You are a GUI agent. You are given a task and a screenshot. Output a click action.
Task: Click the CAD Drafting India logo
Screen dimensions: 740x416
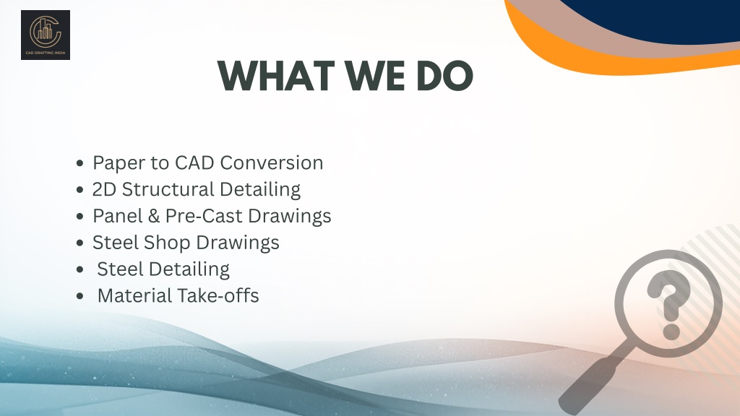(x=46, y=35)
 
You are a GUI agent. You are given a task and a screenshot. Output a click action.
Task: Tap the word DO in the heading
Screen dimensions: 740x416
(x=444, y=75)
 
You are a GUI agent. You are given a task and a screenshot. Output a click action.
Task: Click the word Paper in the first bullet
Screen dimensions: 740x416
(x=119, y=163)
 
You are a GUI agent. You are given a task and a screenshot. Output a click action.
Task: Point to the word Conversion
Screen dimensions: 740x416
(x=272, y=162)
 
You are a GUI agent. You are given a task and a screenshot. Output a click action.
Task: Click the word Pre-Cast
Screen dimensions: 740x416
(x=203, y=216)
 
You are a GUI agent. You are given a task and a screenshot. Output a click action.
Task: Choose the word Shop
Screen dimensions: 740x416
(x=167, y=243)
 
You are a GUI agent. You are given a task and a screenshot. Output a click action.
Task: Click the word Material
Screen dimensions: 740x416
(x=134, y=295)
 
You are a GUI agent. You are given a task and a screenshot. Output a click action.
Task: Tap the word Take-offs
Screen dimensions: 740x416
(x=218, y=295)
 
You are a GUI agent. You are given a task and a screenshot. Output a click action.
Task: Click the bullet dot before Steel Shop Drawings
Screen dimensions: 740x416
(x=79, y=243)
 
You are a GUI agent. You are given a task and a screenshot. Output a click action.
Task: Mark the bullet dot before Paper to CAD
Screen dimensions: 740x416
(x=79, y=163)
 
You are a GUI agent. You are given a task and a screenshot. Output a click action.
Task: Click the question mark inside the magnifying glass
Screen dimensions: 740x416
(x=668, y=304)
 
